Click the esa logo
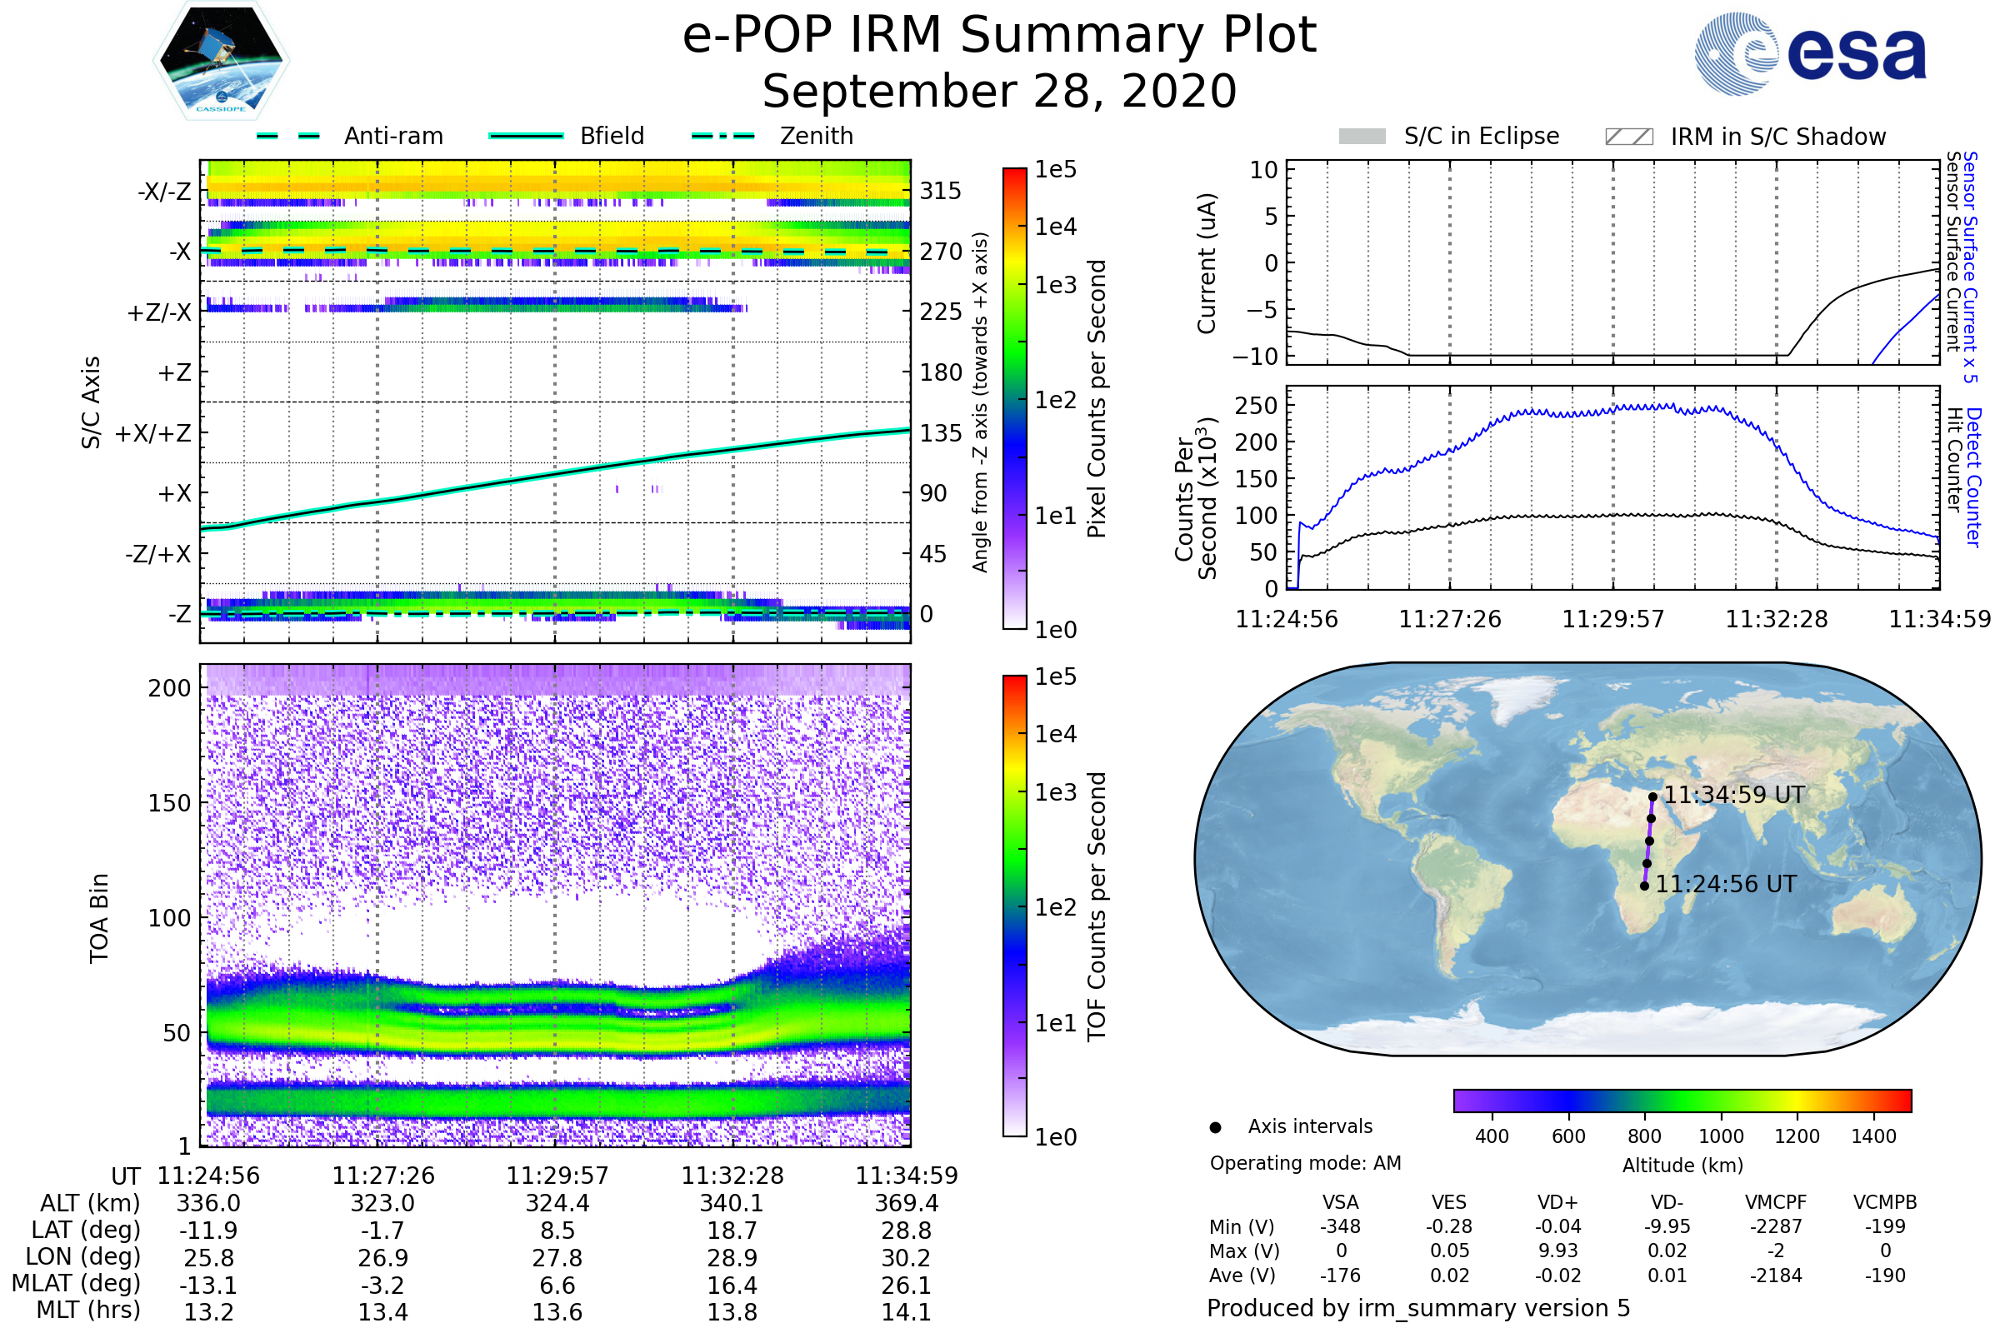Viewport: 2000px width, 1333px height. click(x=1811, y=53)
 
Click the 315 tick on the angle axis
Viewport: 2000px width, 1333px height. click(x=941, y=192)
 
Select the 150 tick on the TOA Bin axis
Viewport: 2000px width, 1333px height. click(x=169, y=803)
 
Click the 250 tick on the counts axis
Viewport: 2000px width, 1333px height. click(x=1256, y=406)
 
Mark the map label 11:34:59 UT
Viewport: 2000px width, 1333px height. click(x=1734, y=795)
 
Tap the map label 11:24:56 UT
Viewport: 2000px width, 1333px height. click(x=1725, y=884)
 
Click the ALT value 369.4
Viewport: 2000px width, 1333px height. click(x=907, y=1204)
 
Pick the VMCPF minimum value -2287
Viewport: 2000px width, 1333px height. click(x=1776, y=1226)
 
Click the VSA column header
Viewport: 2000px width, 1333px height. click(x=1340, y=1203)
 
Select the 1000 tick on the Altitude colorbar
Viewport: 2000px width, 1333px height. click(x=1720, y=1136)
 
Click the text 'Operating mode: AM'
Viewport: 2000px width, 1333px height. click(x=1305, y=1163)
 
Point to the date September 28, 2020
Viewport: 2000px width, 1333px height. click(x=999, y=92)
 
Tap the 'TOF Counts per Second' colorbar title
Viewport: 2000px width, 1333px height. click(x=1097, y=906)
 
